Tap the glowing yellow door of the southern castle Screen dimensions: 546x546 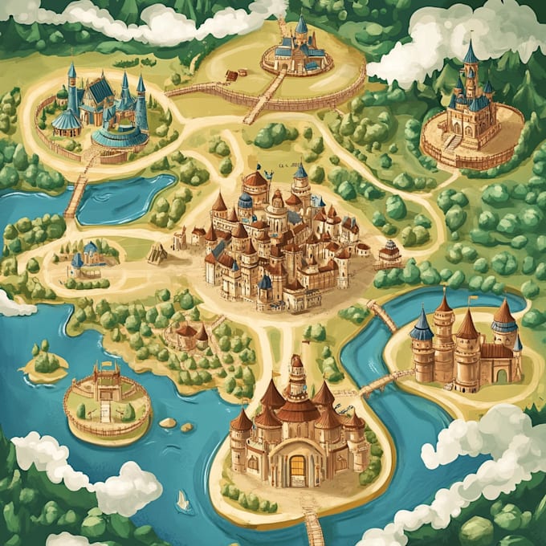(x=297, y=465)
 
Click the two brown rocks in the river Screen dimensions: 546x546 (x=176, y=424)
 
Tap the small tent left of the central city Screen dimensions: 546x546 (x=157, y=255)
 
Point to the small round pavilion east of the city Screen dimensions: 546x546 (x=389, y=253)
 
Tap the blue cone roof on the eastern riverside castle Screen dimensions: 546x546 (x=422, y=324)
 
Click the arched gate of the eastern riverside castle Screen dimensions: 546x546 (x=503, y=374)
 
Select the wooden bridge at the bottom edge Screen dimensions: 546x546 (x=313, y=526)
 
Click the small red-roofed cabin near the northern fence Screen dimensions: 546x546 (x=231, y=75)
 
